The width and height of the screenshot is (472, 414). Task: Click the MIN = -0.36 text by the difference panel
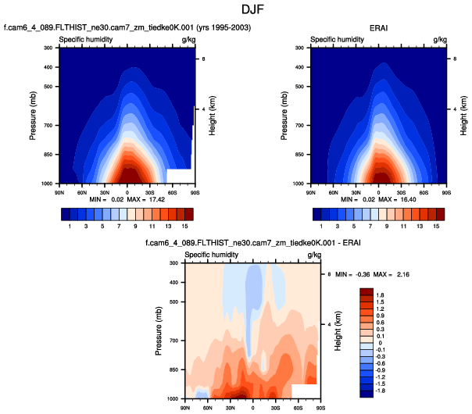[x=350, y=275]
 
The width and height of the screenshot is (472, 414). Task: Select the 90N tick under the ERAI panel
[x=311, y=191]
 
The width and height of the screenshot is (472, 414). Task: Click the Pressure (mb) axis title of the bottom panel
[x=160, y=331]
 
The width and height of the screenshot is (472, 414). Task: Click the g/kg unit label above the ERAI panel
[x=439, y=38]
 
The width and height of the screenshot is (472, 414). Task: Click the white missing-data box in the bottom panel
[x=302, y=390]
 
